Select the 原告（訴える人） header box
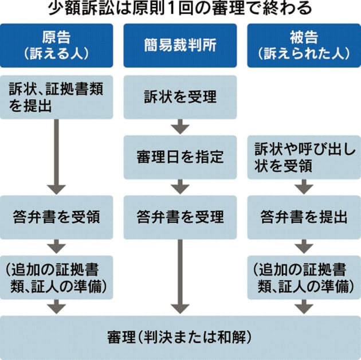pos(56,45)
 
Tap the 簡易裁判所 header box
pos(180,45)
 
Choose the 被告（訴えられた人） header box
pos(304,45)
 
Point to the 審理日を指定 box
pos(180,156)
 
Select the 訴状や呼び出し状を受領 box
pos(304,156)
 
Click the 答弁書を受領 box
pos(56,217)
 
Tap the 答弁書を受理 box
pos(180,217)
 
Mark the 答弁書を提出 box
pos(304,217)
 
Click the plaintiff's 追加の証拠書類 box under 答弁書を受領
pos(56,277)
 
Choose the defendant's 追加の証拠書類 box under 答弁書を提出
pos(304,277)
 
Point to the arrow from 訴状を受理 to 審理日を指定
pos(180,126)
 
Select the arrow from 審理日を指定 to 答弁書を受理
pos(180,186)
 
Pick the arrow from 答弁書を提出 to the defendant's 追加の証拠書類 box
pos(304,247)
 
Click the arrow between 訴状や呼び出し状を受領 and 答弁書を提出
pos(304,186)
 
